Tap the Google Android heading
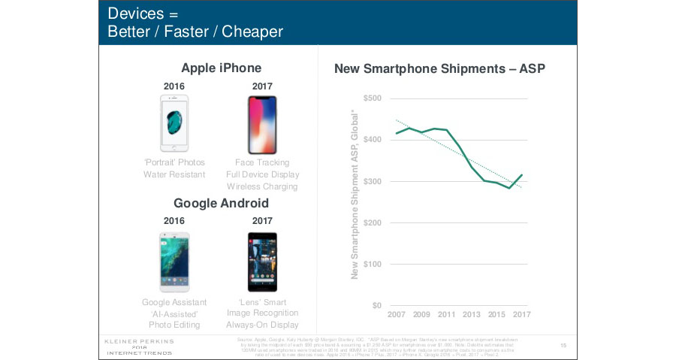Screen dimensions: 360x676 click(x=221, y=204)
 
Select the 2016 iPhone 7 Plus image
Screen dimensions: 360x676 click(x=174, y=123)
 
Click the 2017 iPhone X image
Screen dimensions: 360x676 click(x=261, y=125)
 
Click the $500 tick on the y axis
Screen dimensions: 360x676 click(x=372, y=98)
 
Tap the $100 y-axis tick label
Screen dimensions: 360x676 click(x=372, y=265)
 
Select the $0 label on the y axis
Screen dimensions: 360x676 click(x=376, y=306)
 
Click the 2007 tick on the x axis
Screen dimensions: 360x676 click(x=397, y=313)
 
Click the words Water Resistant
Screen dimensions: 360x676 click(x=174, y=174)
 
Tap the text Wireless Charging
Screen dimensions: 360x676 click(x=261, y=186)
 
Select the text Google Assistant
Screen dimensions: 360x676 click(x=174, y=302)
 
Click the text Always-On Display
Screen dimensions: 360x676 click(x=262, y=325)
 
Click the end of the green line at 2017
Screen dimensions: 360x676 click(x=521, y=175)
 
